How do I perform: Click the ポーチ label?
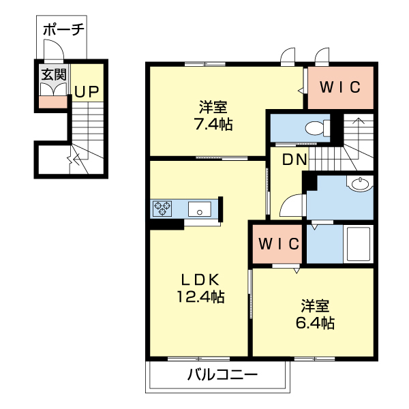click(x=63, y=29)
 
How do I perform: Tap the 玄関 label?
click(x=53, y=74)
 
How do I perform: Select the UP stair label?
click(x=86, y=91)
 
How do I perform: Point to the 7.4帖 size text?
click(x=213, y=124)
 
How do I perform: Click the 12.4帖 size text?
click(x=199, y=297)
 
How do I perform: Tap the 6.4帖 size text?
click(x=316, y=322)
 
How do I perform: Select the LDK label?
click(x=199, y=279)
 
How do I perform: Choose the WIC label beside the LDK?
click(x=278, y=244)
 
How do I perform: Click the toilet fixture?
click(x=315, y=127)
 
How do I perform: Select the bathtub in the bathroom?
click(x=357, y=243)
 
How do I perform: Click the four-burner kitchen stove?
click(x=163, y=207)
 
